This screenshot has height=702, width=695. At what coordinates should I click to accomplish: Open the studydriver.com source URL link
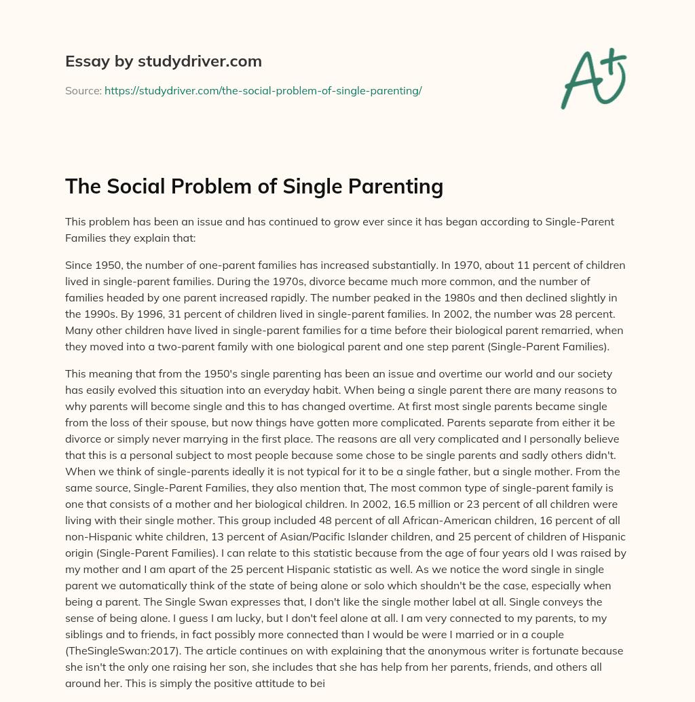coord(263,90)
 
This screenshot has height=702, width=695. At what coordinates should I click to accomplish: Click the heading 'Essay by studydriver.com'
coord(163,61)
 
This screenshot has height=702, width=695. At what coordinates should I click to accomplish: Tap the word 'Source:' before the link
coord(83,90)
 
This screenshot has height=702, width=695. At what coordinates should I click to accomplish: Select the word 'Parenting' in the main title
coord(390,186)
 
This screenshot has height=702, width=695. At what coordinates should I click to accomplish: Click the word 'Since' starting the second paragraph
coord(79,265)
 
